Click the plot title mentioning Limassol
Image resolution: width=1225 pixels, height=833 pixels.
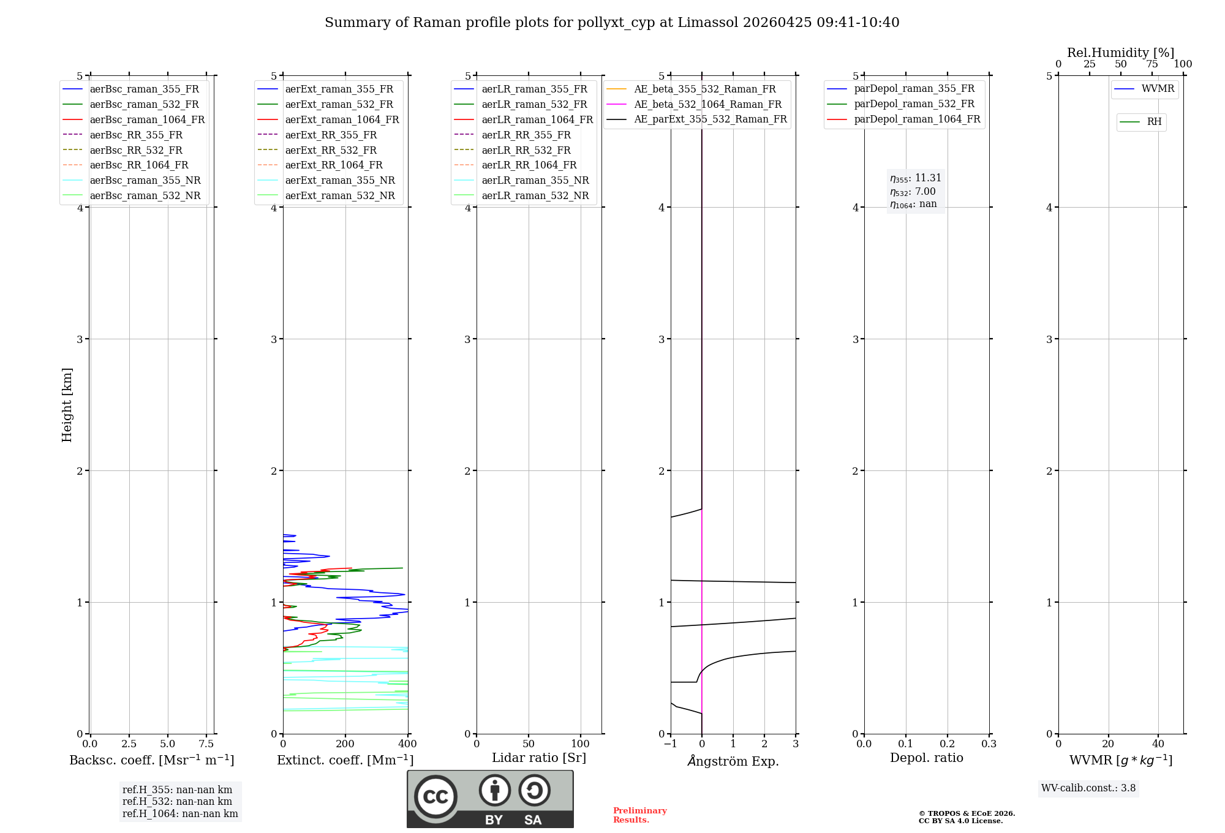(612, 23)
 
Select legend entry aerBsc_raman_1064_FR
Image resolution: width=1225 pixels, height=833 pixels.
(147, 119)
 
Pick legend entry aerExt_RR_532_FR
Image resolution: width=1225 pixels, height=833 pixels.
(331, 150)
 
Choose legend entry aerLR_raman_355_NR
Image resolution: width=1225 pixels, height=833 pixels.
(535, 180)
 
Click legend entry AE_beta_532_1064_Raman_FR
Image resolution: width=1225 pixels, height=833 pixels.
(707, 104)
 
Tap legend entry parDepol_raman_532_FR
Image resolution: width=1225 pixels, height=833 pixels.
(914, 104)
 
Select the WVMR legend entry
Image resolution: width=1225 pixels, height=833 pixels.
(1158, 89)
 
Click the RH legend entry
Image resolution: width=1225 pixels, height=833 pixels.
(1154, 122)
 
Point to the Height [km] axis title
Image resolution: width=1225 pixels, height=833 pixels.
(67, 404)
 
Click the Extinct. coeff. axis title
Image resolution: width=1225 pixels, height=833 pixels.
(345, 760)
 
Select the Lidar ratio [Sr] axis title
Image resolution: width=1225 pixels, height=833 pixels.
(538, 758)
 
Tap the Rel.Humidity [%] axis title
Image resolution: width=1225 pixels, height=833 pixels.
(1120, 53)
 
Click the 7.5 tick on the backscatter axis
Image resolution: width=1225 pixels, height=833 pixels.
(206, 744)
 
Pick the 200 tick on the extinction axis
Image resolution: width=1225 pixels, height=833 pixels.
(345, 744)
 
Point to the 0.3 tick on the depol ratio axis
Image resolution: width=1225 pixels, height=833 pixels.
(989, 744)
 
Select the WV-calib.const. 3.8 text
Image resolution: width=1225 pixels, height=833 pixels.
(1088, 788)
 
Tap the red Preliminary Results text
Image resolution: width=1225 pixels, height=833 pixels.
(639, 815)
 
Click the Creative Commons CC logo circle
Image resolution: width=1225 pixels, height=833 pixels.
(435, 797)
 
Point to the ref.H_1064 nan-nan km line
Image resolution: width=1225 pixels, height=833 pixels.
(180, 813)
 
